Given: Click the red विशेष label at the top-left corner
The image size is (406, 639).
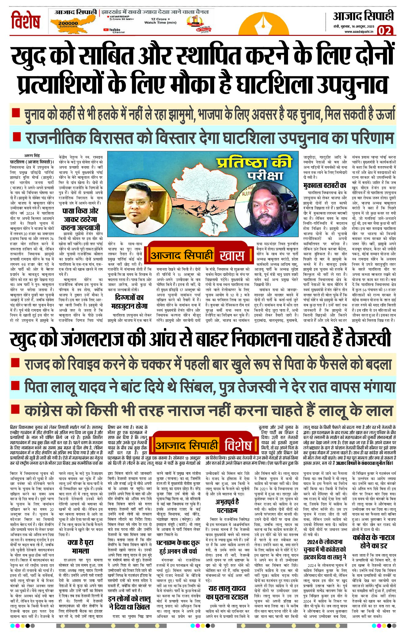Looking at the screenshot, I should pyautogui.click(x=26, y=20).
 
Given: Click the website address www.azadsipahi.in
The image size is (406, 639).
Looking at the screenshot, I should pyautogui.click(x=359, y=32).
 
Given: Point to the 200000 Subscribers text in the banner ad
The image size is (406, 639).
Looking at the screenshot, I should pyautogui.click(x=68, y=24).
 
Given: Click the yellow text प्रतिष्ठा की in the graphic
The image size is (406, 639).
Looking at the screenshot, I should pyautogui.click(x=254, y=163).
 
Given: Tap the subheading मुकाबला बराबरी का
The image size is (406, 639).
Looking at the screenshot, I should pyautogui.click(x=324, y=186).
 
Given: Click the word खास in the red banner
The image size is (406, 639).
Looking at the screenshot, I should pyautogui.click(x=232, y=256).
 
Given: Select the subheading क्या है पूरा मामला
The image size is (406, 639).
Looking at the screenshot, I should pyautogui.click(x=80, y=547).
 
